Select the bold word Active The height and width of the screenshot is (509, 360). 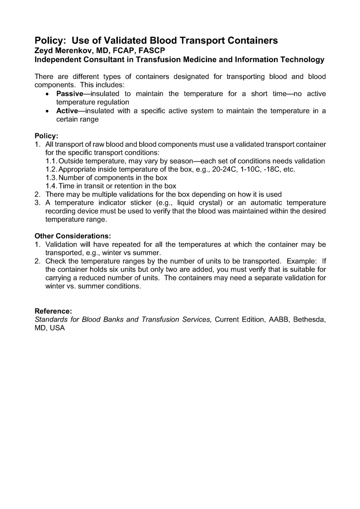coord(67,111)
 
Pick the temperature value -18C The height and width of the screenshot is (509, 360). coord(270,170)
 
